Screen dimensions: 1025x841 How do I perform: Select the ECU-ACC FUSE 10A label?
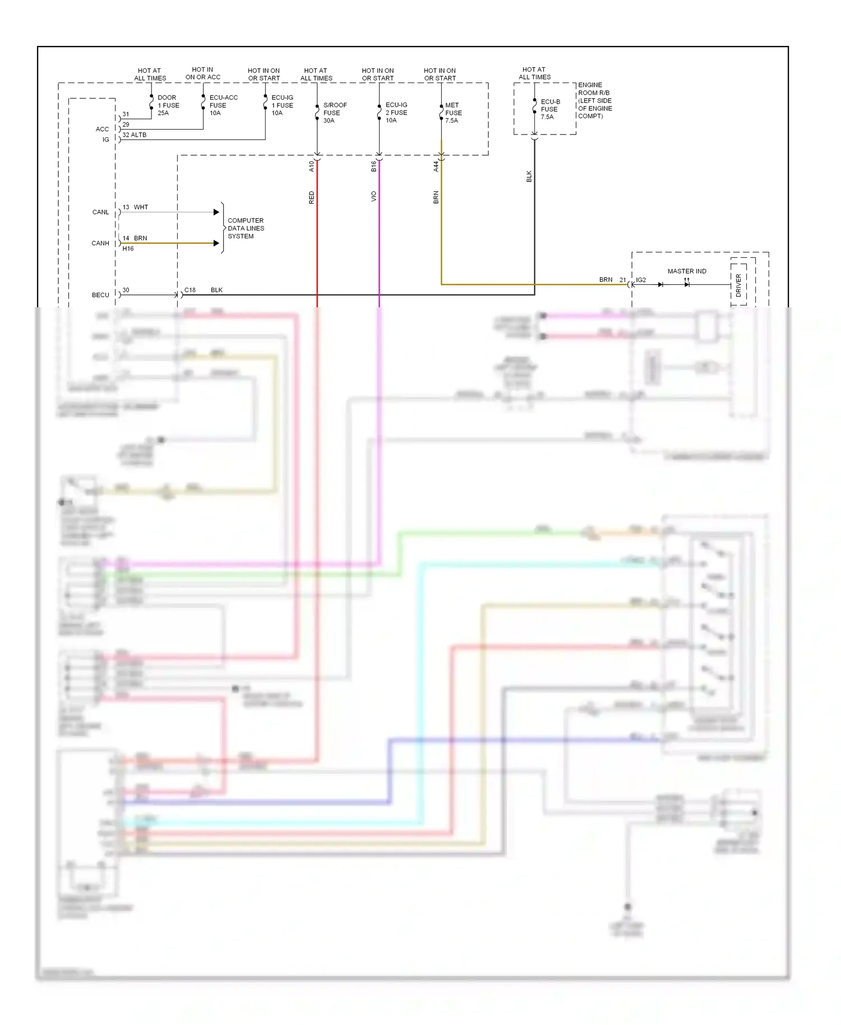(223, 105)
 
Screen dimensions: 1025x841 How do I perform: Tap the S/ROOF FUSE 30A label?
(335, 113)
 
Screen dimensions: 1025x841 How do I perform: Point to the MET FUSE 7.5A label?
(453, 113)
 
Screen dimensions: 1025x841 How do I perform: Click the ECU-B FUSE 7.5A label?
(549, 109)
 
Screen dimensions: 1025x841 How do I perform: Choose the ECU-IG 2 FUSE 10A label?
(396, 113)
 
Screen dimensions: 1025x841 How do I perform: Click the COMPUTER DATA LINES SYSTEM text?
(246, 228)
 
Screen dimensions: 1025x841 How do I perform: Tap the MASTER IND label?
(687, 271)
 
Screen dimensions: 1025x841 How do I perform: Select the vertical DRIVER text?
(738, 285)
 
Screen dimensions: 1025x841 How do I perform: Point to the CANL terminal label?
(101, 213)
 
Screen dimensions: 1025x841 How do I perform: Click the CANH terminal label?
(100, 243)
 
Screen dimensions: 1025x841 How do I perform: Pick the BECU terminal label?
(101, 295)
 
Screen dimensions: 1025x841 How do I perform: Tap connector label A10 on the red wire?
(312, 166)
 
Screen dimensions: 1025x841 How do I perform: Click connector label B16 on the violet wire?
(374, 166)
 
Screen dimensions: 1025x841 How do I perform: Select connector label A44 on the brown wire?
(436, 166)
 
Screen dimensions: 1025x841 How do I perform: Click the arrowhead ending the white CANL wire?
(216, 212)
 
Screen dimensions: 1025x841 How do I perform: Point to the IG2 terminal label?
(641, 280)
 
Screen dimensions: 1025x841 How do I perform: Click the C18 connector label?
(190, 290)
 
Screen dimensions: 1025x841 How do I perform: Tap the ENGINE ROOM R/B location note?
(595, 101)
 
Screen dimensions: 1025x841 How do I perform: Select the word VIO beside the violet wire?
(374, 197)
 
